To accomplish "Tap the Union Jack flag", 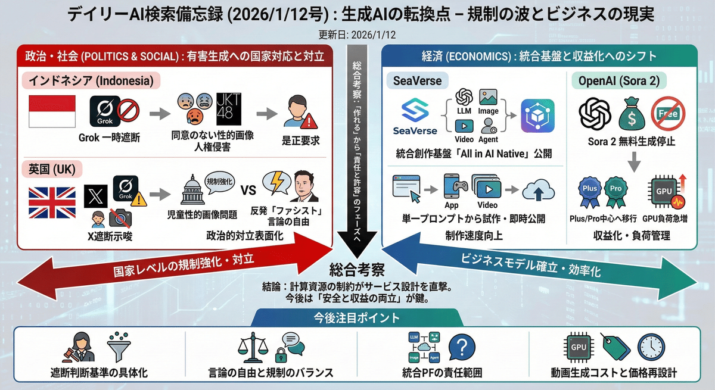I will pyautogui.click(x=52, y=202).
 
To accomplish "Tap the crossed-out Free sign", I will pyautogui.click(x=667, y=113).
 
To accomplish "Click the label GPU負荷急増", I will pyautogui.click(x=665, y=219).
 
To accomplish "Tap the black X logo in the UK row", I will pyautogui.click(x=95, y=195).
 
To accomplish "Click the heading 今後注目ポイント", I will pyautogui.click(x=357, y=318).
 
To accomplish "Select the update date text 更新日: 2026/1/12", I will pyautogui.click(x=357, y=35).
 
